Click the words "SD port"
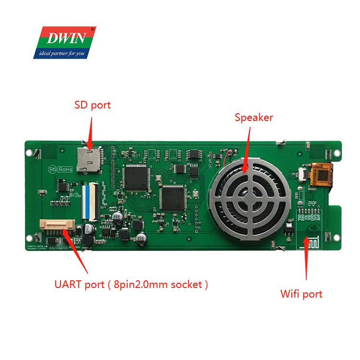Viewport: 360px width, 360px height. pyautogui.click(x=93, y=105)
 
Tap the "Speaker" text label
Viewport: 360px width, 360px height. pyautogui.click(x=253, y=117)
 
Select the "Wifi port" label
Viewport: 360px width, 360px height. pyautogui.click(x=301, y=294)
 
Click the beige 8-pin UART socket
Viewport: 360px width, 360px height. pyautogui.click(x=57, y=226)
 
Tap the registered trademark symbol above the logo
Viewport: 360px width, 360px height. pyautogui.click(x=93, y=29)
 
